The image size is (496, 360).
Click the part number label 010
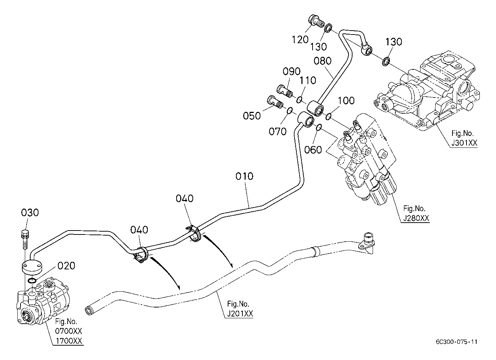coord(244,176)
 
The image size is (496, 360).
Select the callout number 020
coord(66,265)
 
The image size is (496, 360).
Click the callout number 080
coord(323,61)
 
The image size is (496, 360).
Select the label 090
coord(292,71)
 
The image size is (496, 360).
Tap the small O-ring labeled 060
coord(319,128)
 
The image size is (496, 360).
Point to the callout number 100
coord(346,101)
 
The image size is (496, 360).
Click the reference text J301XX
coord(464,143)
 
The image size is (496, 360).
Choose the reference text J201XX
coord(240,314)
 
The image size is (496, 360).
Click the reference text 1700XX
coord(69,341)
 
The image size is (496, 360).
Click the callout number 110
coord(308,80)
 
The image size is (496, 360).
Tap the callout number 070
coord(277,132)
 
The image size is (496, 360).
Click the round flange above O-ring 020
coord(32,268)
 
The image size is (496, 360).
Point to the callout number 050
coord(252,116)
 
